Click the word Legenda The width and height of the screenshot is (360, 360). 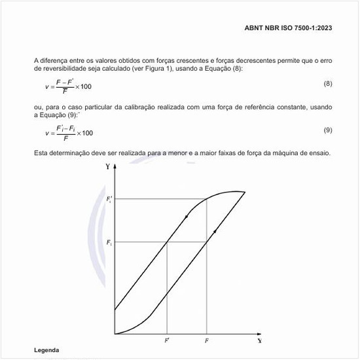(46, 351)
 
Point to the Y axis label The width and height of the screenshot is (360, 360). (107, 166)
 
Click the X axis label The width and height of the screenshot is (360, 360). (260, 340)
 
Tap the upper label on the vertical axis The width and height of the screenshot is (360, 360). (109, 198)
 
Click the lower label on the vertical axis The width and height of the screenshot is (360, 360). (109, 243)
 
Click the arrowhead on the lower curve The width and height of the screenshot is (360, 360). (215, 231)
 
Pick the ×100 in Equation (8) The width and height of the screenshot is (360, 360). (82, 87)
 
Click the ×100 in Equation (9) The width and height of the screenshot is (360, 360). (84, 133)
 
